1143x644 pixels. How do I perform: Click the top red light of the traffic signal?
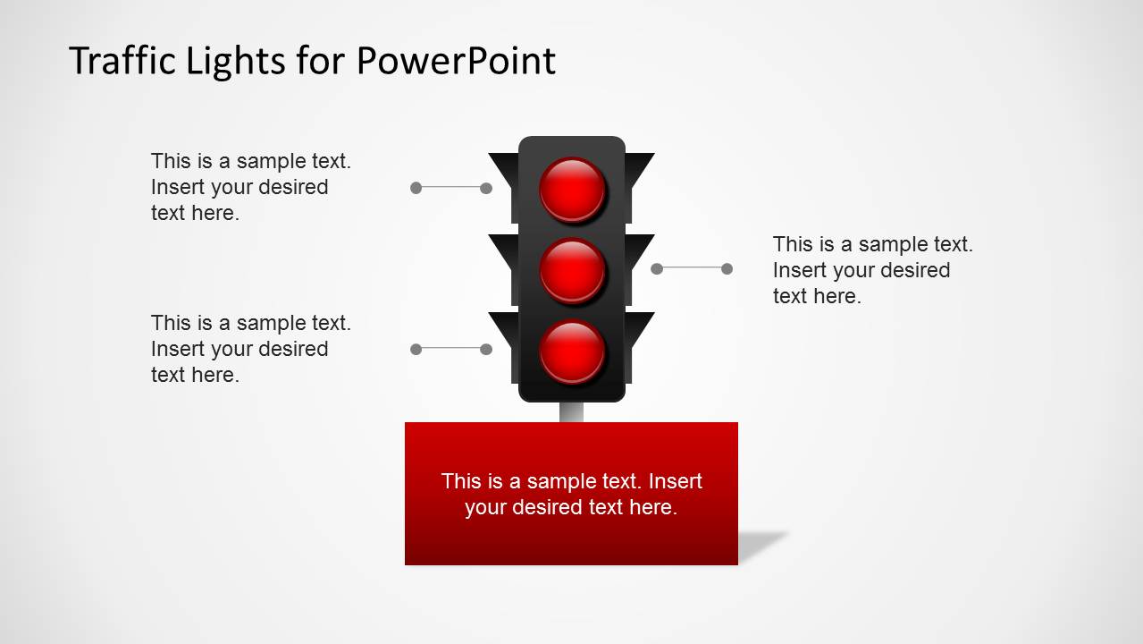click(573, 190)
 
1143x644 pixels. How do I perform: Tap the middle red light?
click(573, 270)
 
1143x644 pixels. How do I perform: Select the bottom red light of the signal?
click(573, 351)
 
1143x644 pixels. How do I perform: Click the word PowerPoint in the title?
click(456, 61)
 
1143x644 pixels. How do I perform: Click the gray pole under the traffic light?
click(571, 412)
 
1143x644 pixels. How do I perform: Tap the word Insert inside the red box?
click(676, 481)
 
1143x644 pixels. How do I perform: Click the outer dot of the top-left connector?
click(416, 188)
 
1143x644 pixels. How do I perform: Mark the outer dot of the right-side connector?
click(727, 268)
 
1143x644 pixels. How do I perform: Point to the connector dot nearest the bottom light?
click(486, 349)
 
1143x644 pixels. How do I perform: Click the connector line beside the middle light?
click(692, 268)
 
